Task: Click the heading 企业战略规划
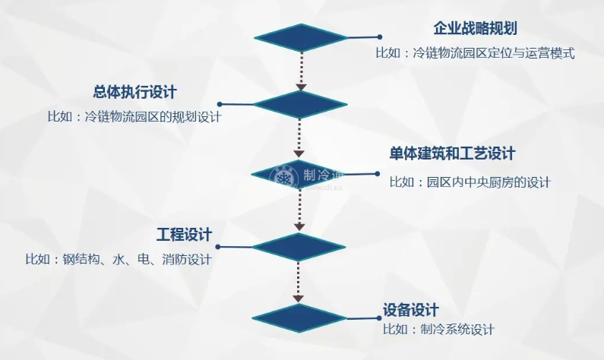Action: (475, 29)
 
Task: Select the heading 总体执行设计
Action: (134, 93)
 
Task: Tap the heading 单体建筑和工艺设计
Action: (452, 154)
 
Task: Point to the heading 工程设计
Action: (184, 233)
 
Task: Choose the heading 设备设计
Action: (411, 310)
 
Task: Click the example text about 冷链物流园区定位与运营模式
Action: (475, 54)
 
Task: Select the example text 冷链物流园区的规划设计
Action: (134, 118)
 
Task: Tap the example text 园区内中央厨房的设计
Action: (470, 182)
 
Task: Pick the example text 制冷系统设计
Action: (439, 329)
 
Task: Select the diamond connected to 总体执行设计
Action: (300, 103)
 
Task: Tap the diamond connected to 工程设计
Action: (299, 246)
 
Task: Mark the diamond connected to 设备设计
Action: (299, 317)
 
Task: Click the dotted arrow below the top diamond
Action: (300, 70)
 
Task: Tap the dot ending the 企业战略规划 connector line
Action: (378, 36)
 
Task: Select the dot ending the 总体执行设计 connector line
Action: (220, 104)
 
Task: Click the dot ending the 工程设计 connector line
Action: (220, 246)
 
